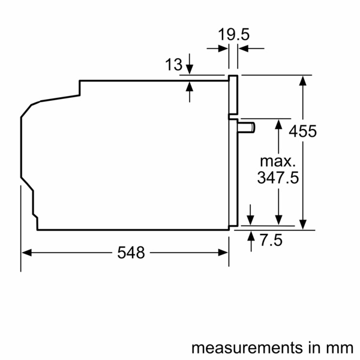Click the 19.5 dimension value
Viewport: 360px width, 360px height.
coord(233,35)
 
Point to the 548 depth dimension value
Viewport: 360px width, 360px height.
coord(131,253)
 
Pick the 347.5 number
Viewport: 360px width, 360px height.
coord(278,178)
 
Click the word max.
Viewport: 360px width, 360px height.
coord(278,161)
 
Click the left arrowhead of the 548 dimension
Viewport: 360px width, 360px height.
coord(26,253)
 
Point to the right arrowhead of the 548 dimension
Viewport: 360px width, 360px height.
coord(224,253)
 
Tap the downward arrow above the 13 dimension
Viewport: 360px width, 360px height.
coord(190,68)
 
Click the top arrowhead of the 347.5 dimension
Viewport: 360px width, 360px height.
coord(278,124)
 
